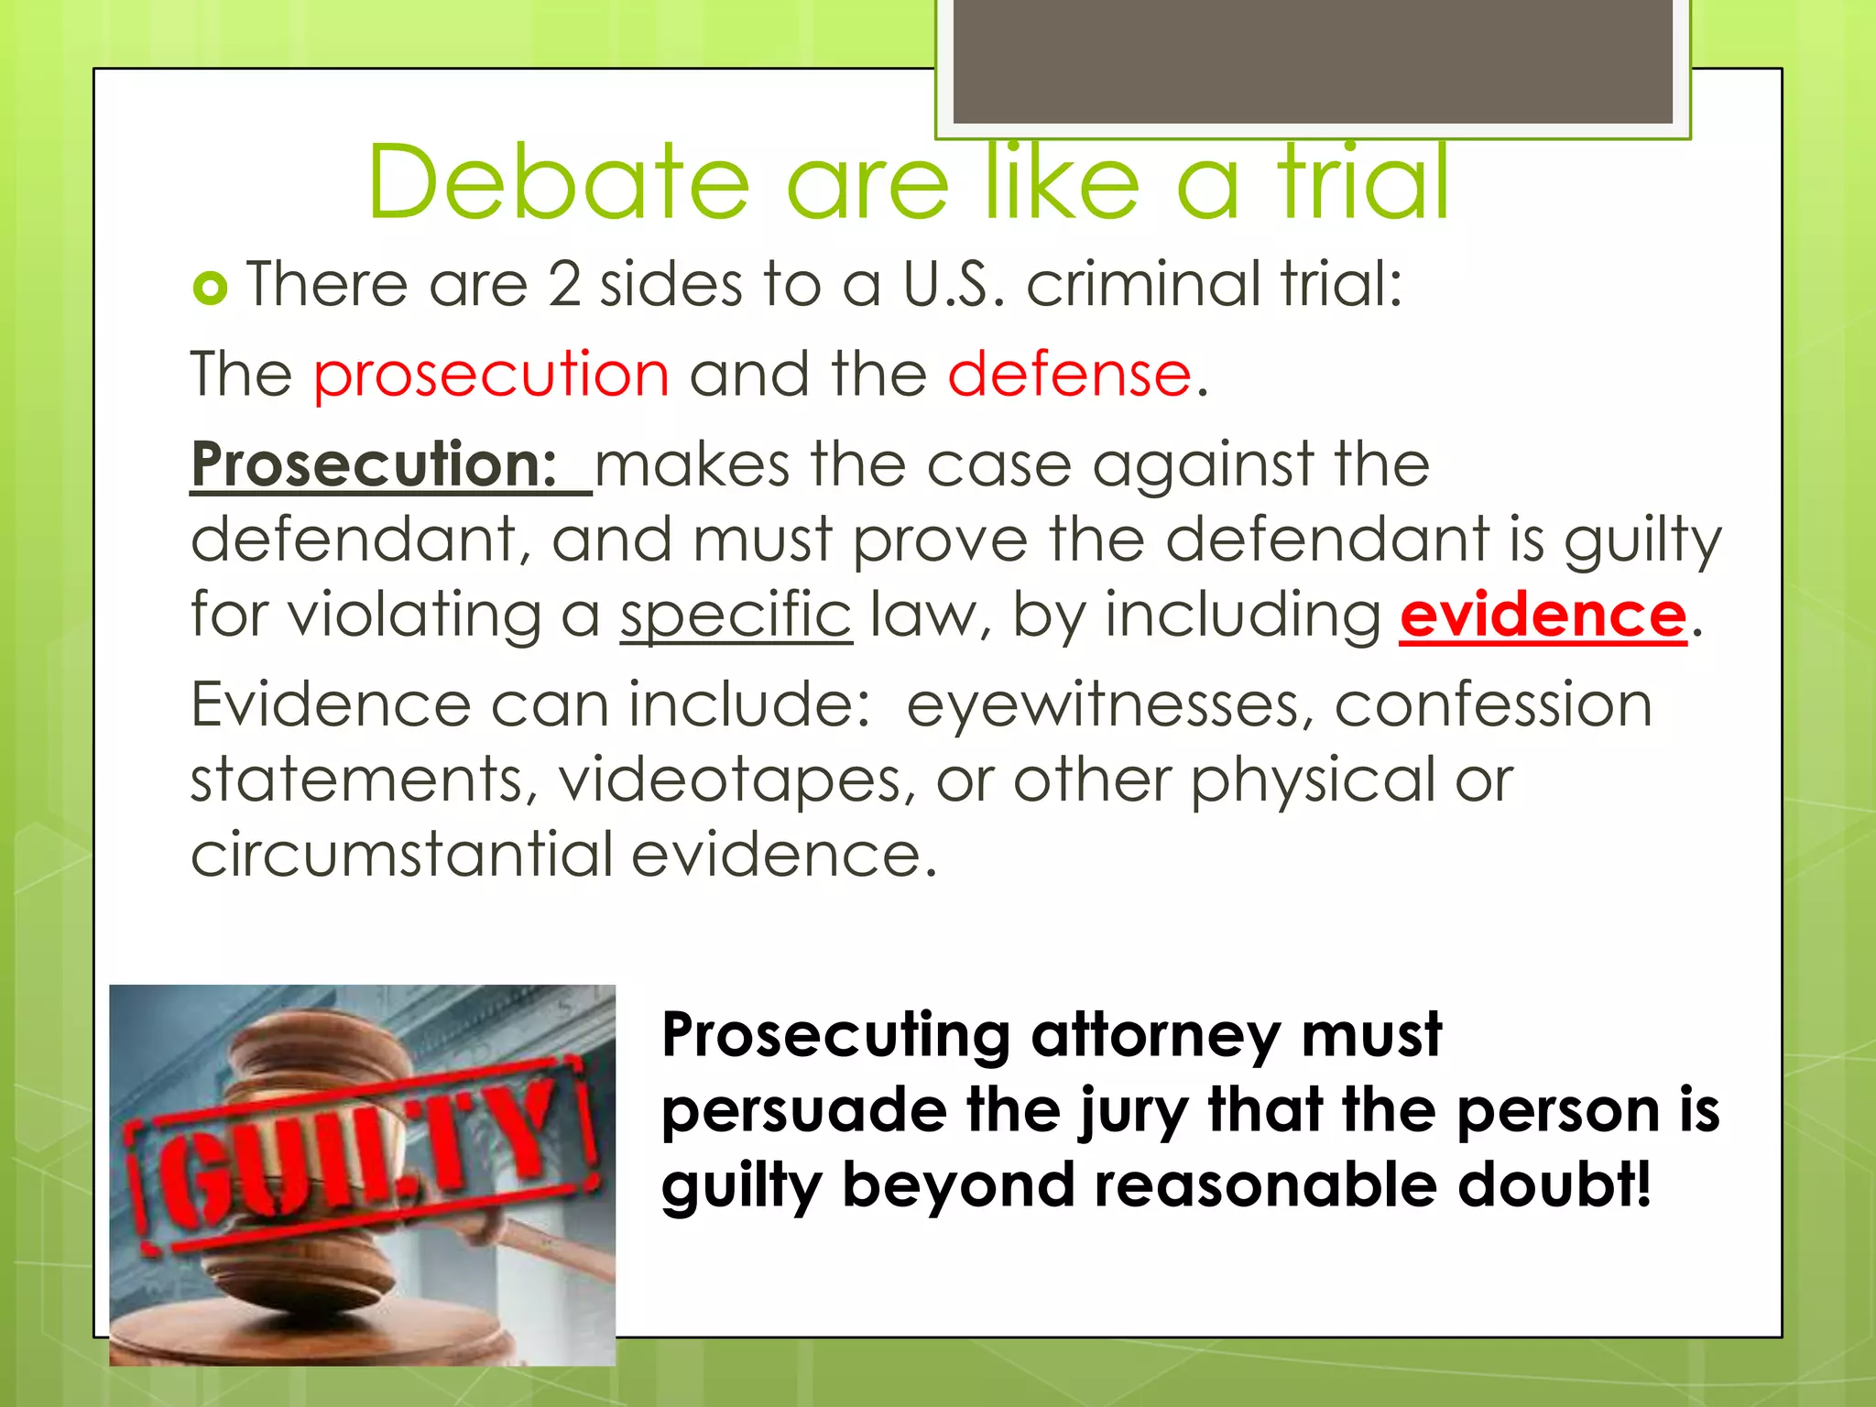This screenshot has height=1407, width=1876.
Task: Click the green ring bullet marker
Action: pyautogui.click(x=210, y=289)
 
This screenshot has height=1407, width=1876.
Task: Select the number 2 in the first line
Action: pyautogui.click(x=564, y=284)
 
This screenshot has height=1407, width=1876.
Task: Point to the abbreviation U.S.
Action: pyautogui.click(x=953, y=284)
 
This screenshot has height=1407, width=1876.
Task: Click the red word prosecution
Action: pyautogui.click(x=491, y=375)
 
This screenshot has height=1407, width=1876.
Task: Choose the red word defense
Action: pyautogui.click(x=1069, y=375)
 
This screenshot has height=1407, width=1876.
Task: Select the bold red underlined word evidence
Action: pyautogui.click(x=1543, y=615)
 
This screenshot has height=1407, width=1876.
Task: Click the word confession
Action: pyautogui.click(x=1493, y=705)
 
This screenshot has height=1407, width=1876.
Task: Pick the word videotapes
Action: pyautogui.click(x=736, y=780)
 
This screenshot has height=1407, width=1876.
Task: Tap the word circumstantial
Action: pyautogui.click(x=401, y=855)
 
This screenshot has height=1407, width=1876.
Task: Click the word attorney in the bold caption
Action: pyautogui.click(x=1155, y=1035)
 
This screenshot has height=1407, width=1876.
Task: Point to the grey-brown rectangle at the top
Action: pyautogui.click(x=1313, y=61)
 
